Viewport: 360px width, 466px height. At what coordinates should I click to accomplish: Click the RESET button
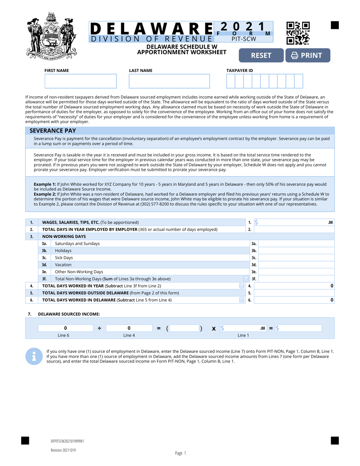(x=261, y=55)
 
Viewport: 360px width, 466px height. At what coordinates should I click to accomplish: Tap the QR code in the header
(x=298, y=33)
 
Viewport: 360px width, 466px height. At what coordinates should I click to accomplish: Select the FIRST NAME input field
(x=81, y=81)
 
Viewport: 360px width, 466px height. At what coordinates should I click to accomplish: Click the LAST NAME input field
(x=169, y=81)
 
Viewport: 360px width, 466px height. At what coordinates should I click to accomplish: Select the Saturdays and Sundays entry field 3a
(x=296, y=244)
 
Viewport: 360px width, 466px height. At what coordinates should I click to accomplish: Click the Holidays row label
(x=63, y=251)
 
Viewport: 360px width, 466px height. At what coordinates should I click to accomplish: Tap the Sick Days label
(x=64, y=258)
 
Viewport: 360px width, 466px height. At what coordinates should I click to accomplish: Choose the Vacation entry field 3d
(x=296, y=265)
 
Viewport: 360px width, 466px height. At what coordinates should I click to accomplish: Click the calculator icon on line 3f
(x=246, y=279)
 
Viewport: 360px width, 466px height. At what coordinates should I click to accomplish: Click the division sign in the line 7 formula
(x=99, y=328)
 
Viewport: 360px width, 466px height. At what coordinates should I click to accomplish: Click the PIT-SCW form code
(x=244, y=39)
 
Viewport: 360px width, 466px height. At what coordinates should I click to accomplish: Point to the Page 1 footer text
(x=180, y=453)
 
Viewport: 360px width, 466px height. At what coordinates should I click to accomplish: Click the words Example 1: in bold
(x=45, y=184)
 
